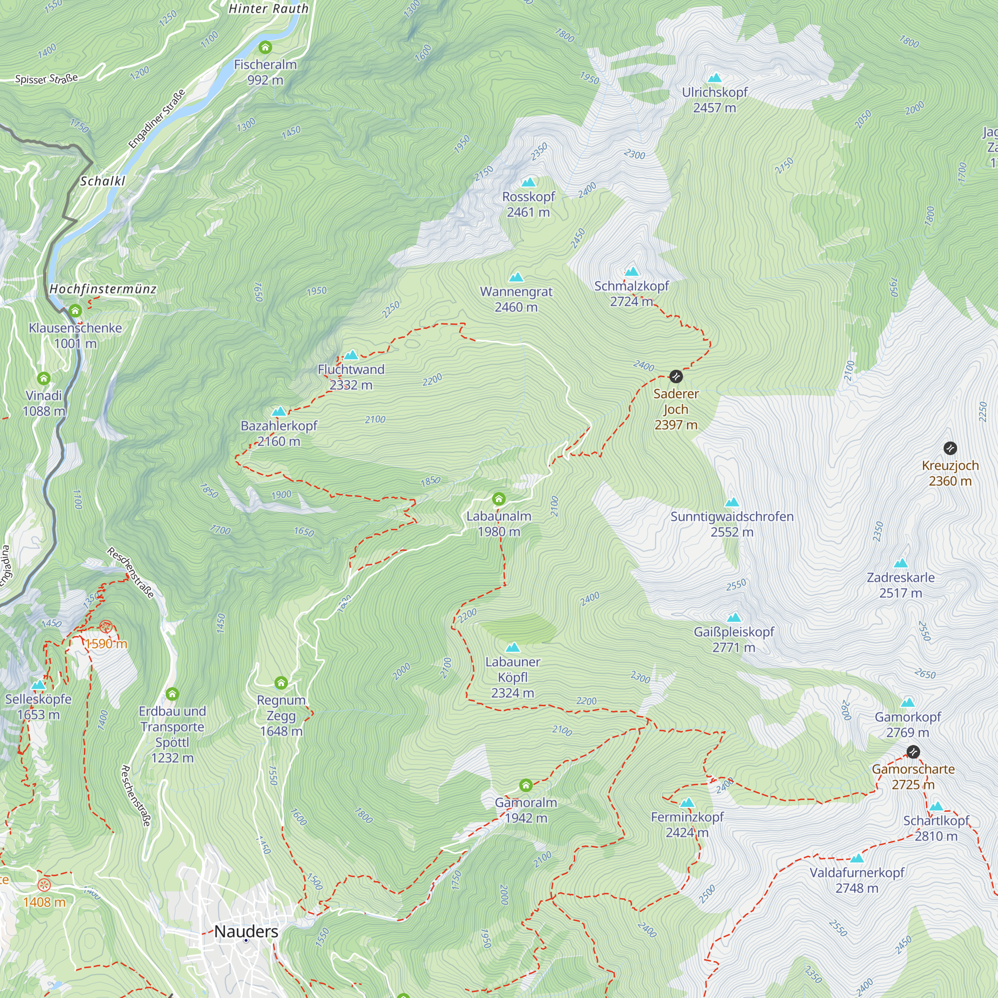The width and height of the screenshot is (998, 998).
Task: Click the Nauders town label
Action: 246,931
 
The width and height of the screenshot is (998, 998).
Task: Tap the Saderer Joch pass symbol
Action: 676,377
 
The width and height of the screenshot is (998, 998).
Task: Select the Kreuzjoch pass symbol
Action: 950,448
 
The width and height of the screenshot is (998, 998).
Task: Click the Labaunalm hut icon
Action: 499,499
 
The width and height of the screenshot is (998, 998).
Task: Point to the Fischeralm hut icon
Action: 265,47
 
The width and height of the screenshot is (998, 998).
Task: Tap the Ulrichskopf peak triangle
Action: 715,78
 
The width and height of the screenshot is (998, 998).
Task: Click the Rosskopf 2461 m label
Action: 528,205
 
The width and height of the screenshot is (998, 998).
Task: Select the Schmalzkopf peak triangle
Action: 631,272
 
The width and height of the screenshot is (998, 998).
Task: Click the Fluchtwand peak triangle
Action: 351,355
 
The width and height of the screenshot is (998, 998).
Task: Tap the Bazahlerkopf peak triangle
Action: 279,412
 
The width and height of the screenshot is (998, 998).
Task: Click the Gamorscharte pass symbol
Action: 913,751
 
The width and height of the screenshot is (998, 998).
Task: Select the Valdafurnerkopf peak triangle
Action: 857,858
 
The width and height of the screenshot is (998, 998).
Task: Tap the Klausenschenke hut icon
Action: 75,311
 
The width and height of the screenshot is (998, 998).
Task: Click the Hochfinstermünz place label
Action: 103,289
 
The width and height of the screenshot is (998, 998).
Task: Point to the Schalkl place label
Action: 102,181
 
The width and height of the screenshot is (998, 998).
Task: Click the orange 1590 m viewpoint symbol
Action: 106,627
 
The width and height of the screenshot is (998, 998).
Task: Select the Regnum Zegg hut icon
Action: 281,683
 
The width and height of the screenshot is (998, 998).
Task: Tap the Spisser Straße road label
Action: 46,78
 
